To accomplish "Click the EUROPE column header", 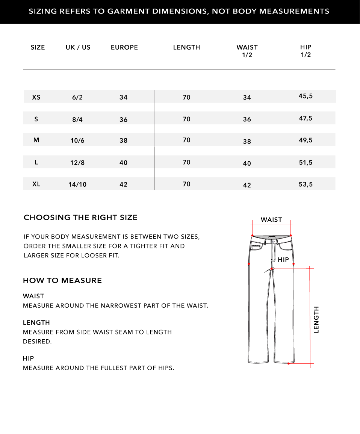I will [124, 47].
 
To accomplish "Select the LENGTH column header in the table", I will [186, 47].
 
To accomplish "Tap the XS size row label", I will [36, 97].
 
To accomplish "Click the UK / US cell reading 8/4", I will [77, 119].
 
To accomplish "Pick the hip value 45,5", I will [306, 96].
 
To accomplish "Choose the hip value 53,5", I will [306, 184].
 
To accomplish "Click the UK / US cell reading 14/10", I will [77, 184].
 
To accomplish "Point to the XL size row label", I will [36, 184].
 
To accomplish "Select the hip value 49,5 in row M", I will [306, 141].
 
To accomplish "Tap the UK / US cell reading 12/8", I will [77, 163].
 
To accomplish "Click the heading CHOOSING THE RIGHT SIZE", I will [80, 217].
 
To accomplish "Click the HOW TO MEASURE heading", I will [62, 280].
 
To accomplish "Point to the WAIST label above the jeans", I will [271, 220].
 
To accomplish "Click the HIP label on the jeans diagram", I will [283, 260].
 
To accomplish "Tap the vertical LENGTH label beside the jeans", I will [316, 319].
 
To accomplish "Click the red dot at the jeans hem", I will [288, 363].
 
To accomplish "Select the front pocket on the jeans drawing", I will [257, 248].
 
